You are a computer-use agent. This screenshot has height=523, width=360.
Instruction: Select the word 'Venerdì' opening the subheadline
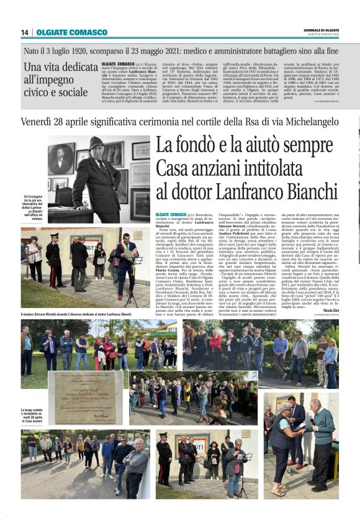click(38, 122)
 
